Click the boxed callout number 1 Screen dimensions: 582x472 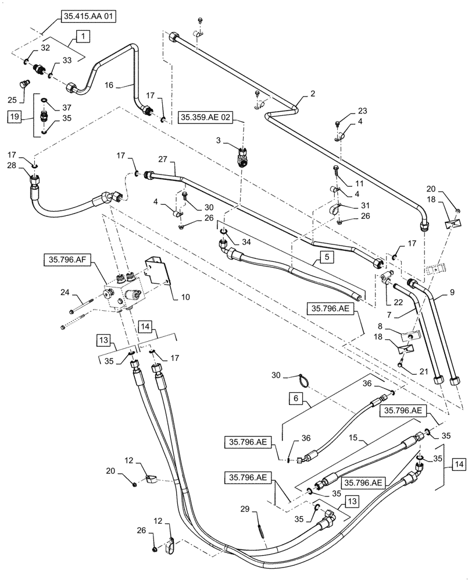click(x=83, y=36)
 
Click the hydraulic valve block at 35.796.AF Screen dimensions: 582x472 click(x=123, y=290)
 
